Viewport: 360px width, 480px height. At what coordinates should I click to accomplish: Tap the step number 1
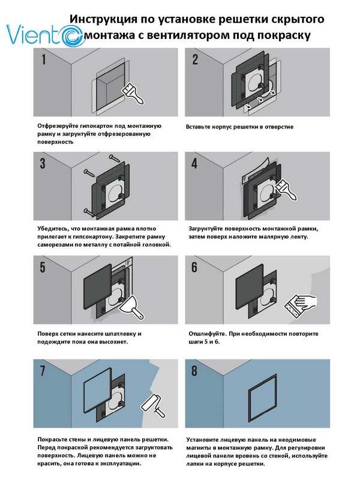coord(44,59)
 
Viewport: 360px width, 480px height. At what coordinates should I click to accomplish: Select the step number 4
coord(194,163)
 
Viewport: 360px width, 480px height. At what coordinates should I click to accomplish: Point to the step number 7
coord(43,371)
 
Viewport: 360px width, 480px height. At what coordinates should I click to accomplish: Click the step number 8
coord(194,371)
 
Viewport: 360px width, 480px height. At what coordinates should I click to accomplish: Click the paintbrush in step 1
coord(133,94)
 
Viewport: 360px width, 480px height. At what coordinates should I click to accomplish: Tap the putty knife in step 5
coord(131,308)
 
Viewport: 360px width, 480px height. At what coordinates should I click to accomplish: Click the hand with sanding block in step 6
coord(300,305)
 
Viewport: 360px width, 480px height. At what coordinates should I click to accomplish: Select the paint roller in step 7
coord(153,406)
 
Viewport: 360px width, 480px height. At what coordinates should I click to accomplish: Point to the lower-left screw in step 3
coord(89,212)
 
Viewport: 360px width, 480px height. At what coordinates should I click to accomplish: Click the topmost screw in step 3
coord(115,158)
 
